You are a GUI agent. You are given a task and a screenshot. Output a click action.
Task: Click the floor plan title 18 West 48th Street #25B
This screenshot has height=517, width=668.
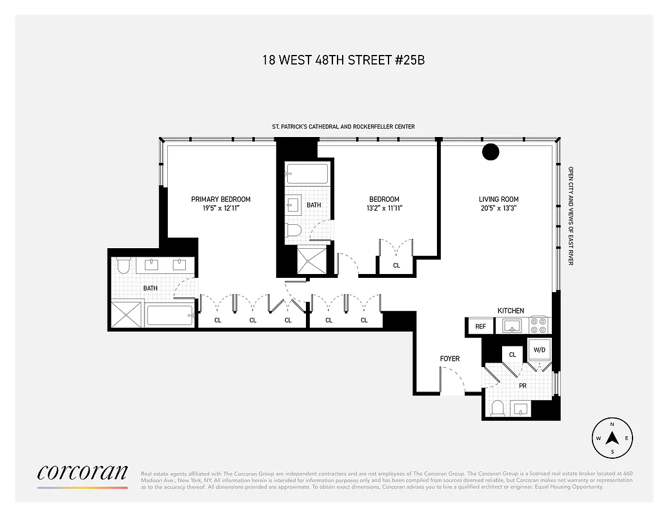click(x=343, y=61)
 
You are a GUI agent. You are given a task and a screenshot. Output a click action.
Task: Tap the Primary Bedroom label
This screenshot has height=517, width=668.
click(x=221, y=199)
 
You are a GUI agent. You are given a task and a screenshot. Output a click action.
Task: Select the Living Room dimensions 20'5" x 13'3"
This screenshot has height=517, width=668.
click(x=498, y=209)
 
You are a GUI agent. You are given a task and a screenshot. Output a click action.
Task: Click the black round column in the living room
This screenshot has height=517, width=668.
click(x=491, y=152)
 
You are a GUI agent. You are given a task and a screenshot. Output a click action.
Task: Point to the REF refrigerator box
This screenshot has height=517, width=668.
click(x=480, y=326)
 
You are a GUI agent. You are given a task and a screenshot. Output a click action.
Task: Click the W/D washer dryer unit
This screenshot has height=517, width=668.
click(x=539, y=350)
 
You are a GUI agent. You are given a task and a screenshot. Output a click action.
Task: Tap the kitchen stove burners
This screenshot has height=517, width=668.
click(x=538, y=324)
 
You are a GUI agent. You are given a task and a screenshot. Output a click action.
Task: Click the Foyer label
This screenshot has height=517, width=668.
click(x=450, y=359)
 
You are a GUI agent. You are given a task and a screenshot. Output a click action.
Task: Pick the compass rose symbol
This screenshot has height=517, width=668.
click(x=612, y=438)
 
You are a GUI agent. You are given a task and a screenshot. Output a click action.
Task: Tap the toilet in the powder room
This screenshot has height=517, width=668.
click(x=498, y=408)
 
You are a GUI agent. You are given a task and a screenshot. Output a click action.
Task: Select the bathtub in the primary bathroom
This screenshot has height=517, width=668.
click(x=169, y=315)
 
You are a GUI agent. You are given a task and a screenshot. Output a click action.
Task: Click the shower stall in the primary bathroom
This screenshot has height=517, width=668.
click(x=127, y=315)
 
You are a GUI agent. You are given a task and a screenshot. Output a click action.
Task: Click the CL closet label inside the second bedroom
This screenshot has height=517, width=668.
click(x=396, y=266)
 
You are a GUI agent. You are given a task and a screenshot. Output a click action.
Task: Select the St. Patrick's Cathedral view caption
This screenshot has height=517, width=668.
click(x=343, y=127)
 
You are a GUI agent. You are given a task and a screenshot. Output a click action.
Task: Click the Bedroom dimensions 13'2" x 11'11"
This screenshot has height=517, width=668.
click(x=384, y=209)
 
